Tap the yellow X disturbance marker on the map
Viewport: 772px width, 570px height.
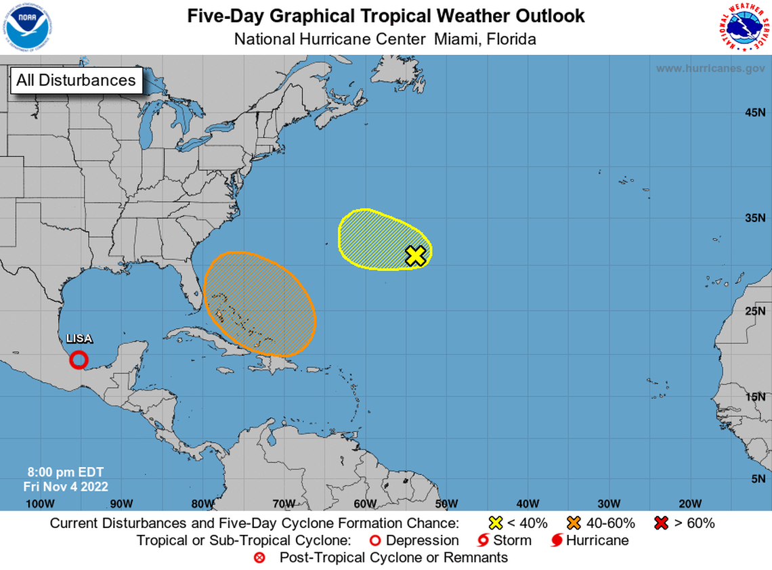(x=416, y=255)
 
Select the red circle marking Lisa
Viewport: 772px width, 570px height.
(x=79, y=359)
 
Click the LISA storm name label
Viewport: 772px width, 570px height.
(x=79, y=338)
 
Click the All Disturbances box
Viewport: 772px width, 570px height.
(x=76, y=80)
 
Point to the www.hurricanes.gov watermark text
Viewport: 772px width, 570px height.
(x=710, y=68)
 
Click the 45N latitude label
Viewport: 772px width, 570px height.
(x=754, y=112)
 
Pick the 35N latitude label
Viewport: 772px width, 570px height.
(x=754, y=218)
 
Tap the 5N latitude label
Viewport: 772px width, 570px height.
(x=757, y=479)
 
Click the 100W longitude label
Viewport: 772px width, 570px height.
(x=39, y=503)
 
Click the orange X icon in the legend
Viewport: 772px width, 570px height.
(x=575, y=523)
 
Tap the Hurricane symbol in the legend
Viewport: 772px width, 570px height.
(x=557, y=540)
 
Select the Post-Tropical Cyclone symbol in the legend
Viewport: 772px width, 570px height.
(x=258, y=558)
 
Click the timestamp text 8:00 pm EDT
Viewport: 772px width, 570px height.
(x=65, y=473)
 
